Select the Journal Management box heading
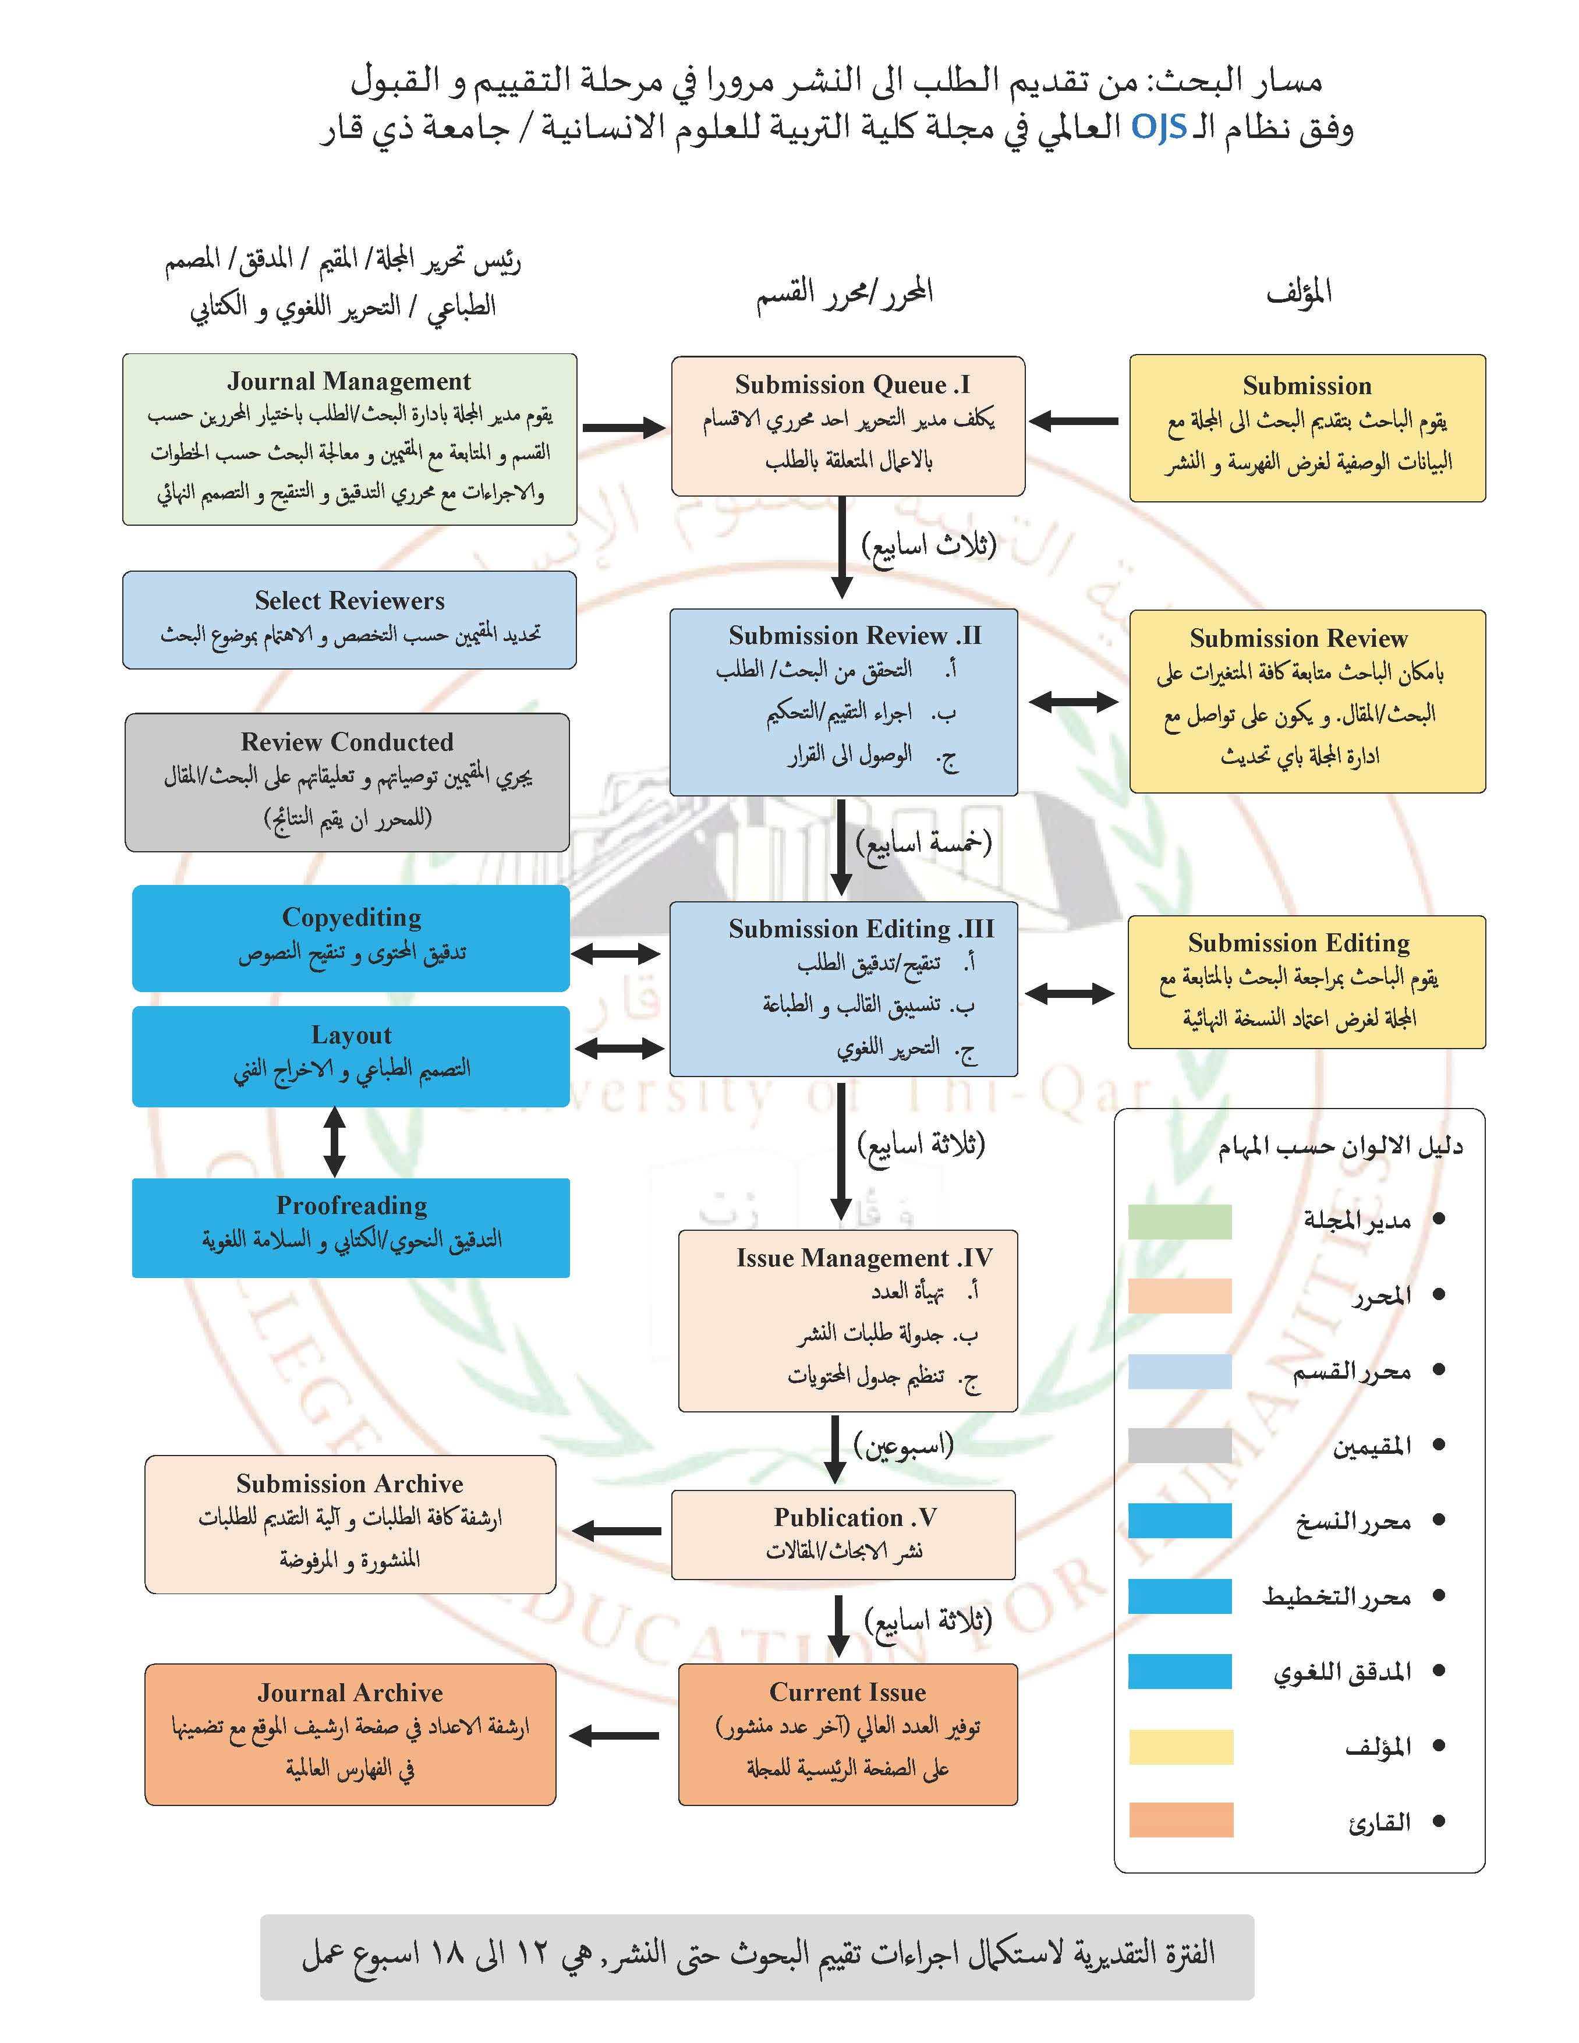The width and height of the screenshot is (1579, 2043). click(349, 382)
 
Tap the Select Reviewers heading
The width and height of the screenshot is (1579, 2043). click(349, 600)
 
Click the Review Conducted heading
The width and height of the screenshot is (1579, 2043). click(347, 742)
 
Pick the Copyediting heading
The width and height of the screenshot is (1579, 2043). click(352, 918)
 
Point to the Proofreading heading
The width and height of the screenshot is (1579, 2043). click(352, 1206)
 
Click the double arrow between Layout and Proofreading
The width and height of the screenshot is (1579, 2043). click(334, 1142)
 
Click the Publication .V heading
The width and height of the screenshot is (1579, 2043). click(854, 1517)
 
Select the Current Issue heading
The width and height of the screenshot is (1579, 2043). click(848, 1692)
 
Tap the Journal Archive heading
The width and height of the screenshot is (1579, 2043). click(350, 1693)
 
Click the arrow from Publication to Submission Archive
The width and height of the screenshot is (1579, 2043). click(617, 1531)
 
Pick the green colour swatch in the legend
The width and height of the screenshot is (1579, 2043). click(1180, 1221)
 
